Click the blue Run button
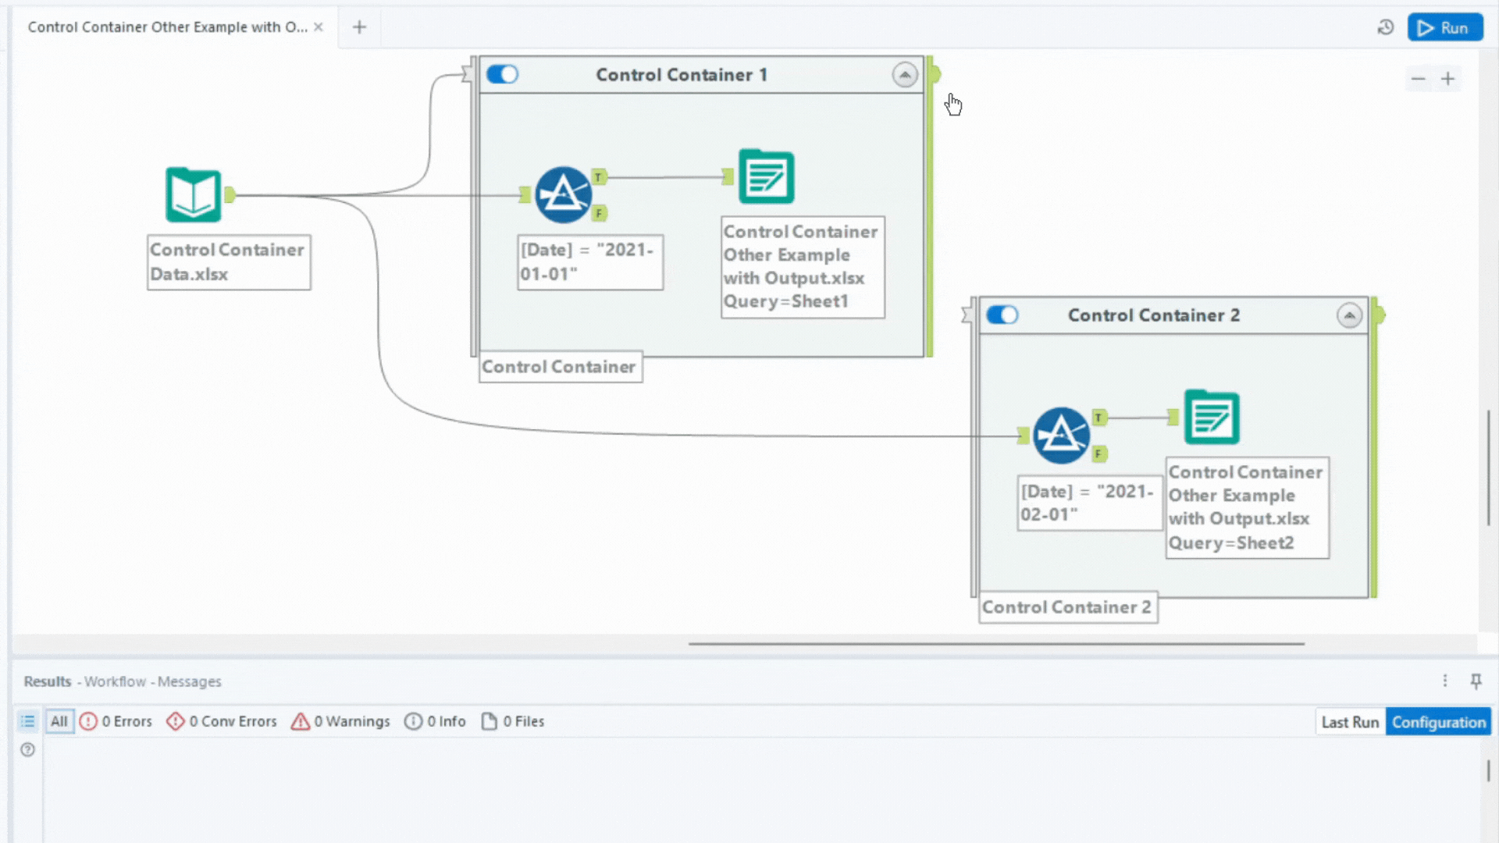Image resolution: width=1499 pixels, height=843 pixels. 1444,28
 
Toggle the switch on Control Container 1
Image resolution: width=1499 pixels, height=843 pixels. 502,74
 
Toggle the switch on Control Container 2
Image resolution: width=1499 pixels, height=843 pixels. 1002,315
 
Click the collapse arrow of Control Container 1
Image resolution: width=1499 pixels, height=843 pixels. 905,75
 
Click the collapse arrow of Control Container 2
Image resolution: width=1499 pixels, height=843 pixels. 1349,315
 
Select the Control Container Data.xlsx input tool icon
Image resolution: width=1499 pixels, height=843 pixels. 193,194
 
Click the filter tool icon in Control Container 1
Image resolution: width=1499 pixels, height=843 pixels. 563,194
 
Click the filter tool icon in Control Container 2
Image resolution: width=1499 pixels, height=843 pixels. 1061,435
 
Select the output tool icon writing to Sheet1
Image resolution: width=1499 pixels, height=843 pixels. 766,177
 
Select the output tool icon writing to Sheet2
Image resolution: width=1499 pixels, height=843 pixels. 1211,418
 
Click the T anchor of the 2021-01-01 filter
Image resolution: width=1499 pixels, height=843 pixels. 599,177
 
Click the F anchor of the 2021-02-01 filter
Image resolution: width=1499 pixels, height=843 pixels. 1098,454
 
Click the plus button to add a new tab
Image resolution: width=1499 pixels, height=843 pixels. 359,27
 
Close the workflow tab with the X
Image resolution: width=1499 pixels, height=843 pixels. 319,27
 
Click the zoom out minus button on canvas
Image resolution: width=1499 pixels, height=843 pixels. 1418,79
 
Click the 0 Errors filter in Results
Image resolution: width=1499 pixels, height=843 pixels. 116,721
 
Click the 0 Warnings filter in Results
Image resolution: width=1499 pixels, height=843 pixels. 340,721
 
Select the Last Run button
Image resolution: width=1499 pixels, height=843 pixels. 1349,722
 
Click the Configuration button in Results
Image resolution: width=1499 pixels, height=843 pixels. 1438,722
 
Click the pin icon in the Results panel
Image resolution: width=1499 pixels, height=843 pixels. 1476,681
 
